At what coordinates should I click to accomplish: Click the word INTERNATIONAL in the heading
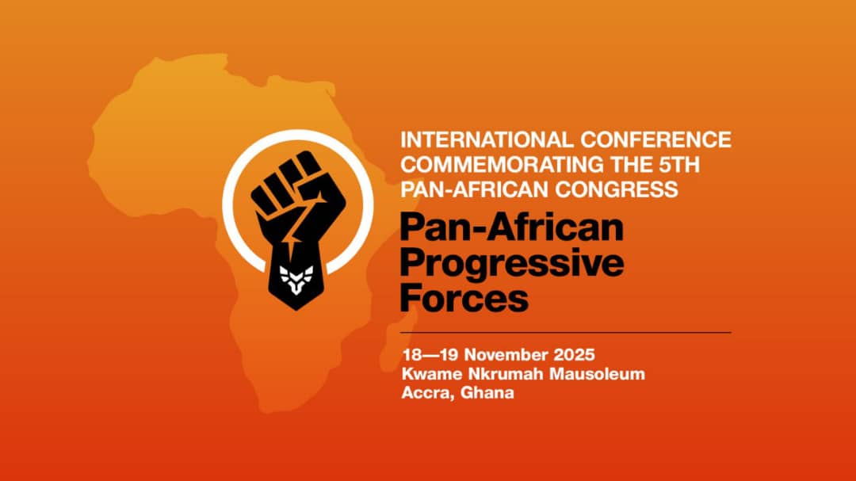coord(487,139)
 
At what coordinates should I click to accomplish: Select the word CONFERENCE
coord(655,139)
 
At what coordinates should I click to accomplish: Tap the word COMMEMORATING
coord(503,164)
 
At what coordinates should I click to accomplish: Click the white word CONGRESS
coord(617,189)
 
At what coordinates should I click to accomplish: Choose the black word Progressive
coord(512,263)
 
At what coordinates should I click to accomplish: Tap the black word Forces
coord(464,297)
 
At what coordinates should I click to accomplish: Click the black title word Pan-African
coord(512,227)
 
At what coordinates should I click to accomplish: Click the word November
coord(506,355)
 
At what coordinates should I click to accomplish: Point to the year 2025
coord(575,355)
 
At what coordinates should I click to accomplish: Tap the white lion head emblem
coord(296,279)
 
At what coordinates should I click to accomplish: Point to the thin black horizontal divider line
coord(566,332)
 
